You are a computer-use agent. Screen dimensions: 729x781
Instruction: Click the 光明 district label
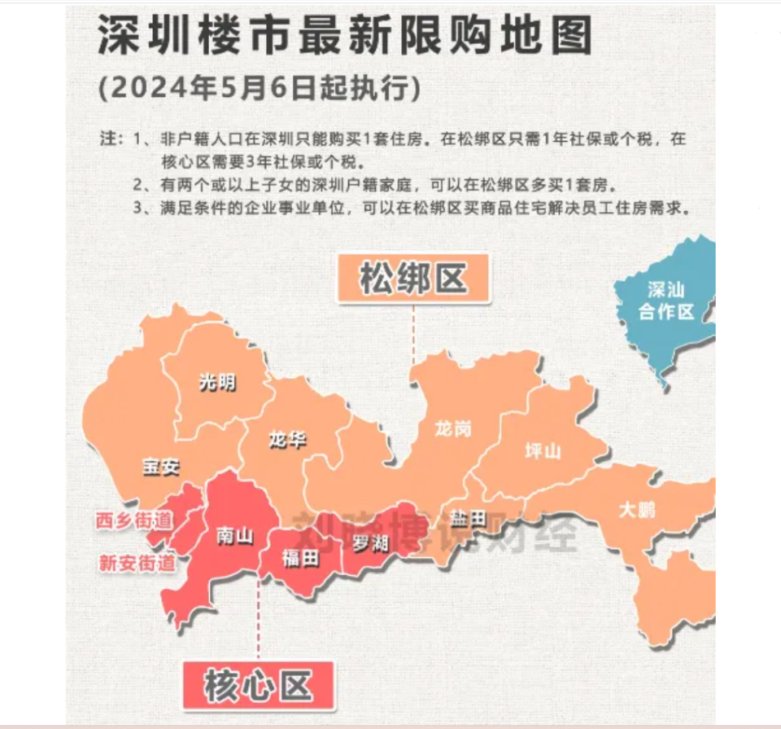(217, 381)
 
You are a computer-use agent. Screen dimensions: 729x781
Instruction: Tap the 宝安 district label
(160, 467)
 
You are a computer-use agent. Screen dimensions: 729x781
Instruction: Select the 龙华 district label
(287, 441)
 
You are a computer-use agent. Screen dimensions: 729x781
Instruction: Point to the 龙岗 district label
(452, 428)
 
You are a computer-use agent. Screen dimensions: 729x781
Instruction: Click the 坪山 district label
(543, 450)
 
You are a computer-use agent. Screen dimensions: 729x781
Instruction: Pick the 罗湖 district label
(370, 542)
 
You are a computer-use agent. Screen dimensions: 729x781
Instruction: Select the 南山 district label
(234, 535)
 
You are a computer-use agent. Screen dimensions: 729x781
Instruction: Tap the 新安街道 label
(137, 562)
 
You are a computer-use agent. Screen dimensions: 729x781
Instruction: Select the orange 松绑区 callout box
(414, 279)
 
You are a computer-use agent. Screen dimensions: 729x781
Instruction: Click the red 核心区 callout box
(259, 686)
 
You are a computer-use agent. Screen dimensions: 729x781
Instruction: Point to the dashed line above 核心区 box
(259, 619)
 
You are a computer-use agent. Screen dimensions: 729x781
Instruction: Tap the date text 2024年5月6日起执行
(259, 88)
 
